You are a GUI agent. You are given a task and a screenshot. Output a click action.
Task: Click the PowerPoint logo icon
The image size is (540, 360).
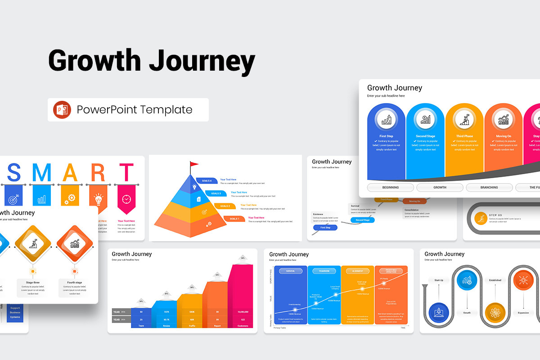point(62,110)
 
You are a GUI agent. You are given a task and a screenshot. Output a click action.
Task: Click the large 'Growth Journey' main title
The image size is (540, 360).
point(152,61)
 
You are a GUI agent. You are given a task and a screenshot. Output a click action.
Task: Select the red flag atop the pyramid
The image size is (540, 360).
point(193,165)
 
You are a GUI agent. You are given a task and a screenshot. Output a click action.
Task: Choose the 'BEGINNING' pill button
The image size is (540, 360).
point(391,187)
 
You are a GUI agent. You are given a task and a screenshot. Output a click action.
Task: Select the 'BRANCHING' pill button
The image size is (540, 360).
point(489,187)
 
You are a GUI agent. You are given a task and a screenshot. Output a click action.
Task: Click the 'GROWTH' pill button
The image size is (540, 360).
point(440,187)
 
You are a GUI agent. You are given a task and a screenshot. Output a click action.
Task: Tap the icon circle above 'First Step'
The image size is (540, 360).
point(387,120)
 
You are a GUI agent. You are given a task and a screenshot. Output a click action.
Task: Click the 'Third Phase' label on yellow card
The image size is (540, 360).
point(464,136)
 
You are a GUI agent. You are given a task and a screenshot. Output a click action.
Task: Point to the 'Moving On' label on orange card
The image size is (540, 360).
point(503,136)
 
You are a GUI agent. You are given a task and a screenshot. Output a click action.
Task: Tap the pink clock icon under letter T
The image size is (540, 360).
point(126,199)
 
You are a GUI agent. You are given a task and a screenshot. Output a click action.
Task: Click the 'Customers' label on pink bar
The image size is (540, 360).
point(243,325)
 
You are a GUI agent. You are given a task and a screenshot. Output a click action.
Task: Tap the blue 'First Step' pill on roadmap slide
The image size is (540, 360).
point(325,228)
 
